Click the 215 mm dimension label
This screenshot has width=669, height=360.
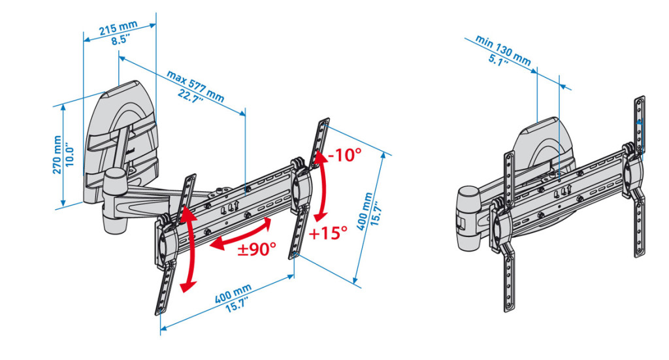(118, 28)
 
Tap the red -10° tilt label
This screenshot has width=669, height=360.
(345, 154)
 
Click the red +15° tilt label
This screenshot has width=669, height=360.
(328, 233)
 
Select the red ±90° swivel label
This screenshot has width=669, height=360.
(256, 248)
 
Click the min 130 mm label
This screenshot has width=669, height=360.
(504, 50)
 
